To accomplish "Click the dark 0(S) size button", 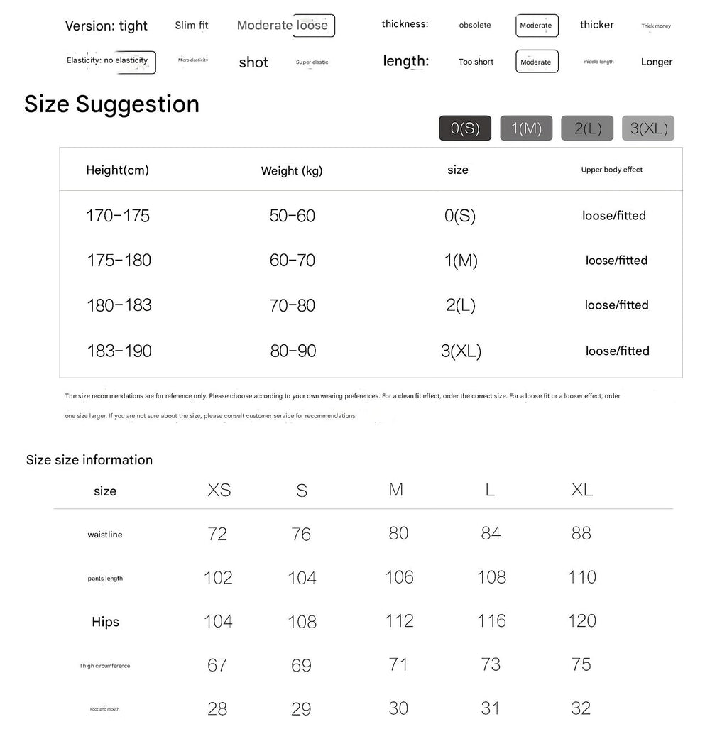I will tap(465, 128).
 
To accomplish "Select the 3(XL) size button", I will tap(648, 128).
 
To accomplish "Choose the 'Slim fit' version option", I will tap(192, 26).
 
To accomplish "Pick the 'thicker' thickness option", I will tap(596, 25).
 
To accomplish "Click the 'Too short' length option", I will tap(476, 62).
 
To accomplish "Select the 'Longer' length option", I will tap(656, 62).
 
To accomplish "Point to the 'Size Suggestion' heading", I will tap(111, 104).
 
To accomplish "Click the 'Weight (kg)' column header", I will tap(292, 170).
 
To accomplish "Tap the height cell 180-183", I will tap(119, 305).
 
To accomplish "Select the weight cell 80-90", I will tap(293, 351).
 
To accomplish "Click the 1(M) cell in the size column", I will tap(461, 261).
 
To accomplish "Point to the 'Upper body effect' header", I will tap(611, 170).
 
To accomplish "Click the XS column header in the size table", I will tap(219, 491).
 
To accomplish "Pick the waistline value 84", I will tap(491, 533).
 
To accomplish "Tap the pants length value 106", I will tap(399, 577).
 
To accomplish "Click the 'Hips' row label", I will tap(105, 622).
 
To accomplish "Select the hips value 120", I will tap(581, 621).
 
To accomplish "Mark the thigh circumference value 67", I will tap(217, 665).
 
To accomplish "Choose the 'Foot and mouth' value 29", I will tap(301, 709).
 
